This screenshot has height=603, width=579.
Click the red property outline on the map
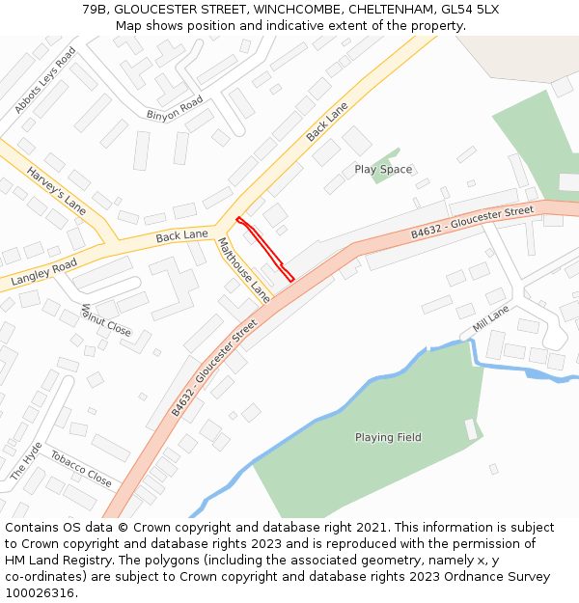pos(264,246)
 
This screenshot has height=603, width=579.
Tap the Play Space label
pos(383,170)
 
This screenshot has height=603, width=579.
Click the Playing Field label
pos(388,437)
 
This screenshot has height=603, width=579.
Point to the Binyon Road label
pos(175,108)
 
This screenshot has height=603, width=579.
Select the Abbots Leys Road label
pos(44,80)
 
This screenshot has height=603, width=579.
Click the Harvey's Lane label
pos(56,190)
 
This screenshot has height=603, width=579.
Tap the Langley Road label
pos(43,271)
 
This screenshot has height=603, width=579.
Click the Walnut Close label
pos(105,319)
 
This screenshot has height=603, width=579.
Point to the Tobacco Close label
pos(81,468)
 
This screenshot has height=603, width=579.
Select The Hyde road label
pos(26,461)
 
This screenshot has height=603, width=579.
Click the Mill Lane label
pos(490,319)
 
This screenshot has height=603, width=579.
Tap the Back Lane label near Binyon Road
pos(326,123)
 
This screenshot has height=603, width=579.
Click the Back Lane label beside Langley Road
pos(181,234)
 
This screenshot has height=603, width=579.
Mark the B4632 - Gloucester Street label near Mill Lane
pos(472,222)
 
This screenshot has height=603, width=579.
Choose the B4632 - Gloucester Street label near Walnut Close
pos(214,369)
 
